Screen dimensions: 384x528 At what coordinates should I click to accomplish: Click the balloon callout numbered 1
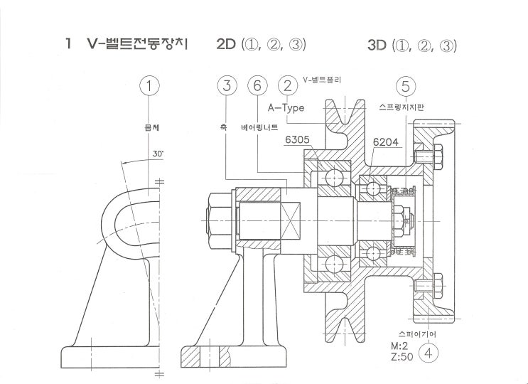click(149, 87)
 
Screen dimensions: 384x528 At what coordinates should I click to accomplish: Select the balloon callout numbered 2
click(287, 87)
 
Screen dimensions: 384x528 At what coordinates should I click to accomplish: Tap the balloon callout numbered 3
click(227, 87)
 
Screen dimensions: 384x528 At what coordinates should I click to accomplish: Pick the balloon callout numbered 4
click(428, 351)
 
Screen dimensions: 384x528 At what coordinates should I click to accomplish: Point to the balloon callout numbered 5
click(405, 87)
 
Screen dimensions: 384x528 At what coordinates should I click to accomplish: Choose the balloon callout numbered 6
click(257, 87)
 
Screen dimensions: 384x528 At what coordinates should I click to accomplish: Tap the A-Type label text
click(286, 108)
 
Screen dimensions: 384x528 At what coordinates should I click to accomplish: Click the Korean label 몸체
click(149, 129)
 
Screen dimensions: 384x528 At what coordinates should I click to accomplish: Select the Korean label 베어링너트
click(259, 129)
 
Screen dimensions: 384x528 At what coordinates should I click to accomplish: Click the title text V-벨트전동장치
click(134, 44)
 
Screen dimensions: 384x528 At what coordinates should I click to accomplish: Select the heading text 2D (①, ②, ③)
click(261, 45)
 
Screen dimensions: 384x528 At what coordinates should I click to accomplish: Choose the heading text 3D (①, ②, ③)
click(412, 45)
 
